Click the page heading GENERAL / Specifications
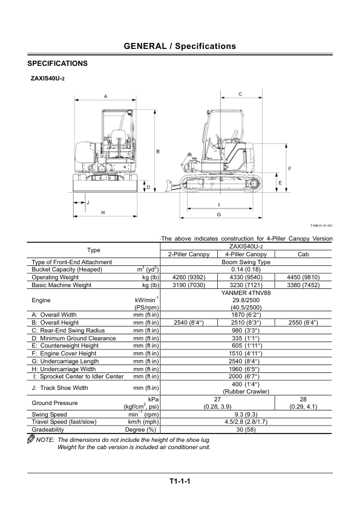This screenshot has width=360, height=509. [180, 46]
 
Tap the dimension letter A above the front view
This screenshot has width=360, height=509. [106, 96]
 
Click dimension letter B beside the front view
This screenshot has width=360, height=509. [159, 152]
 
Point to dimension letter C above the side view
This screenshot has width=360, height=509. [240, 94]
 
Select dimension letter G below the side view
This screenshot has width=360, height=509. [219, 215]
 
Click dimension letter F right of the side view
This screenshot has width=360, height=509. [290, 169]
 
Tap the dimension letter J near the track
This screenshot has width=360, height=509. [88, 203]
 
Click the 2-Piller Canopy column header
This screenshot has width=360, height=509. [189, 254]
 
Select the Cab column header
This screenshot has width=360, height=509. [303, 254]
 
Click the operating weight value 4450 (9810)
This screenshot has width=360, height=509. [303, 277]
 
